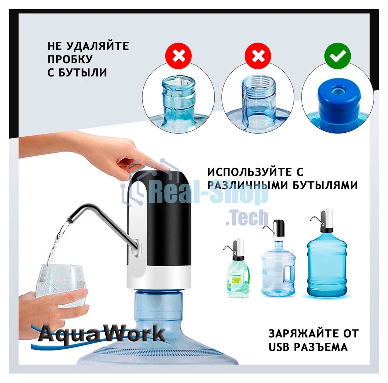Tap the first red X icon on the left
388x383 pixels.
click(x=179, y=56)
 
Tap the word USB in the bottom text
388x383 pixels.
click(x=280, y=347)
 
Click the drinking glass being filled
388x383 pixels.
click(x=61, y=283)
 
